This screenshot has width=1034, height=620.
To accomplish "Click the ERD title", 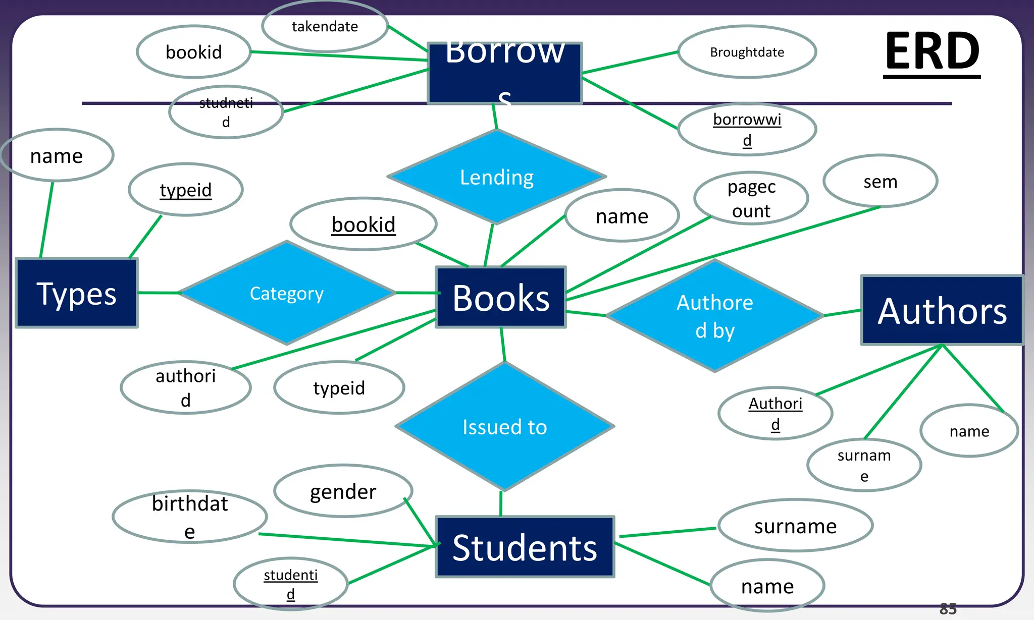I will point(932,51).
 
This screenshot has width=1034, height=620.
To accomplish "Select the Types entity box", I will point(77,293).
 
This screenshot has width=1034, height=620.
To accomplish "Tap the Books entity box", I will point(500,298).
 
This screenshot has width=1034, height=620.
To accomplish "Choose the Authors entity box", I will point(942,311).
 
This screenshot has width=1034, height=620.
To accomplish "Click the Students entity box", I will point(525,547).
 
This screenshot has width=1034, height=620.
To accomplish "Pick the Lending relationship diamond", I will point(497,177).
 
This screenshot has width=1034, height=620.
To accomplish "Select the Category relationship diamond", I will point(287,293).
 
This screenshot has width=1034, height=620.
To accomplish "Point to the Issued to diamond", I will point(504,427).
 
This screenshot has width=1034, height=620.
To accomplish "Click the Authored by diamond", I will point(715,316).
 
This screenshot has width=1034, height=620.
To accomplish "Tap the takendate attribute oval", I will point(325,26).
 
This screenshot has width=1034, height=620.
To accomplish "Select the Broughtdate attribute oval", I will point(747,52).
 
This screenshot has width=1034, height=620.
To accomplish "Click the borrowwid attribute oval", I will point(747,130).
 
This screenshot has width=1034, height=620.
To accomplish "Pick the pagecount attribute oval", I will point(751,198).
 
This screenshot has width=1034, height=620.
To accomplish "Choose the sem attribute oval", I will point(880,181).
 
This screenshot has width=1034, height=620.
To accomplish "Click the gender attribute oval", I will point(343,491).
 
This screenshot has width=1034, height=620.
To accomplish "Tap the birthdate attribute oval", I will point(190,517).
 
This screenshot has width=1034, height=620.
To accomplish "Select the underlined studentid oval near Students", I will point(290,584).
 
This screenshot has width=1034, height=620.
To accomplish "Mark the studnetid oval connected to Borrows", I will point(226,112).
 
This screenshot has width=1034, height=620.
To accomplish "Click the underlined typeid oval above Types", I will point(186,190).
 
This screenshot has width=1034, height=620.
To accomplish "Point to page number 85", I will point(948,609).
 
